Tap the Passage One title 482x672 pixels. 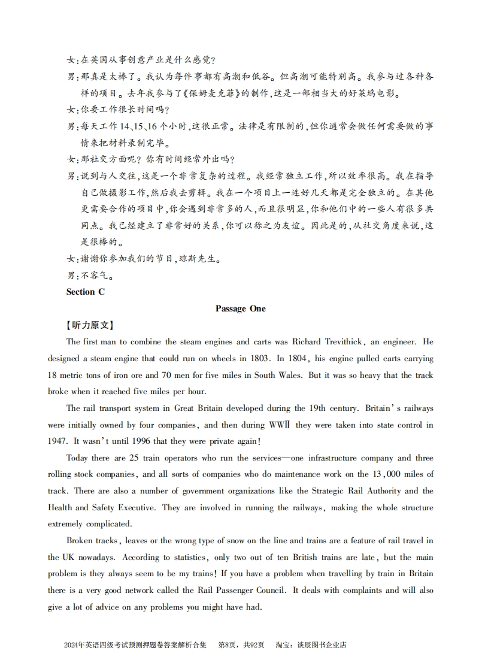tap(240, 308)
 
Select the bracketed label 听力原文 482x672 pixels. tap(89, 325)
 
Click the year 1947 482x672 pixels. tap(58, 441)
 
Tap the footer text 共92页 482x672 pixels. tap(253, 645)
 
